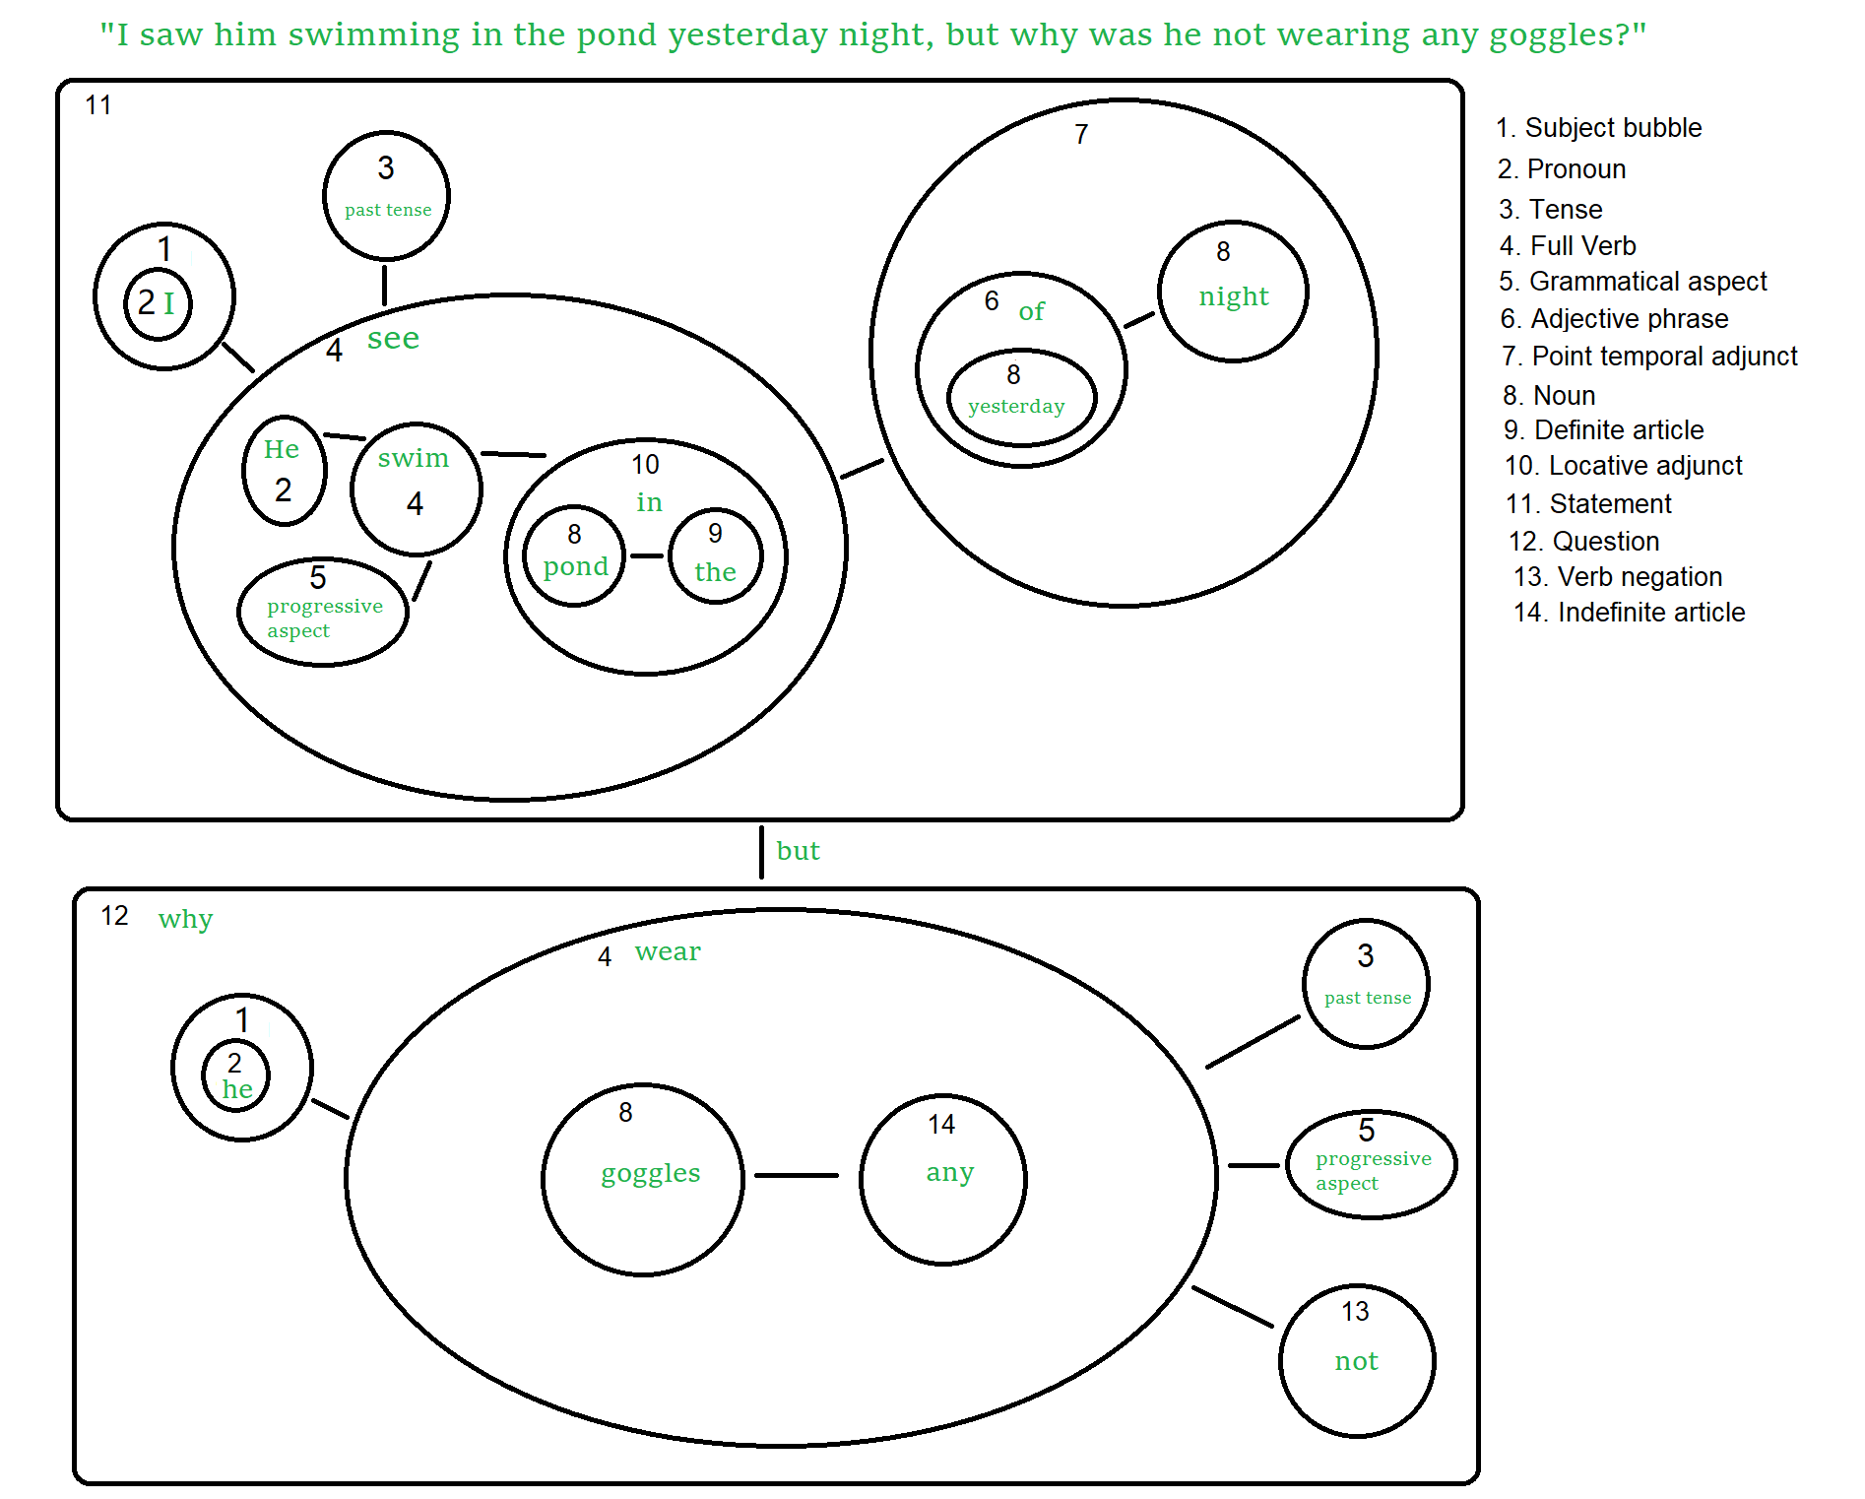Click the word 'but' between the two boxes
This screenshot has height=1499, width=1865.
coord(798,851)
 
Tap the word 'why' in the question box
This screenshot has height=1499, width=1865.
coord(185,920)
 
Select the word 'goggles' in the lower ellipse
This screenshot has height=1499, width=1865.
coord(650,1173)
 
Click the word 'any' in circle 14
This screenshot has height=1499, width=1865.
coord(949,1172)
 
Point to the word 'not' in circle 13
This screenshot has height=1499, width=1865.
coord(1356,1361)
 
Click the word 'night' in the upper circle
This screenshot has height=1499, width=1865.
coord(1233,296)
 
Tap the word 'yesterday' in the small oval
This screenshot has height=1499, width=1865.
coord(1016,406)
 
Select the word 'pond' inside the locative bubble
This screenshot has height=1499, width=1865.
coord(575,566)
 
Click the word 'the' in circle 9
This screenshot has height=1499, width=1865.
coord(715,572)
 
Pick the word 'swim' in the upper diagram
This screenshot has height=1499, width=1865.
coord(413,458)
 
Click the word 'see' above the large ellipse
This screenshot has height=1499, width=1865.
coord(393,339)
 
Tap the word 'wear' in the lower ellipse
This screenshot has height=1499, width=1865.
coord(668,951)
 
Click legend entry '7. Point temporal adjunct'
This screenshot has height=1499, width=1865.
coord(1649,356)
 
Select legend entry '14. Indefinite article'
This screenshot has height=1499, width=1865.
coord(1629,613)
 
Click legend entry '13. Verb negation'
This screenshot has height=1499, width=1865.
coord(1618,577)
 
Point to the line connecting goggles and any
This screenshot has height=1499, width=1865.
coord(796,1175)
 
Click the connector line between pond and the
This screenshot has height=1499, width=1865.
coord(646,556)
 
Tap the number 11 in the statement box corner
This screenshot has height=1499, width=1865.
coord(98,105)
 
